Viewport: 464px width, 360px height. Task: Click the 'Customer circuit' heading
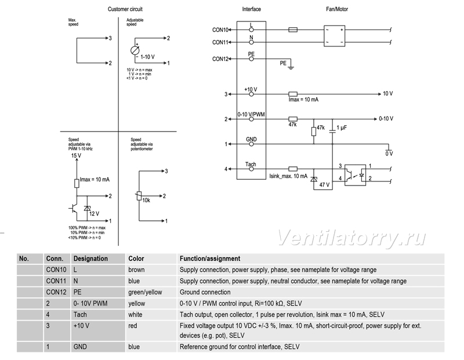click(x=125, y=9)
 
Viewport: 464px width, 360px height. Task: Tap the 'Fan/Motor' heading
click(x=337, y=9)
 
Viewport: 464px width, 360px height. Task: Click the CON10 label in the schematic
click(x=220, y=30)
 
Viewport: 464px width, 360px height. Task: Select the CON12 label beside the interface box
click(x=220, y=59)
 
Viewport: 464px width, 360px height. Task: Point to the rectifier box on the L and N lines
click(x=335, y=36)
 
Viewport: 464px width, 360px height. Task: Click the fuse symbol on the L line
click(x=293, y=30)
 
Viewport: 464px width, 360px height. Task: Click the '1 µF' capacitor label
click(x=342, y=128)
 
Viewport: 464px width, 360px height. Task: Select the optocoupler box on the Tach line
click(x=355, y=175)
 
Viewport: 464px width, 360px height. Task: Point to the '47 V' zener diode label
click(x=324, y=185)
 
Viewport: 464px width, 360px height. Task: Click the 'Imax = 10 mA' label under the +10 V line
click(x=303, y=100)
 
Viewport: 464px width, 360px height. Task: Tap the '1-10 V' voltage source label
click(x=147, y=57)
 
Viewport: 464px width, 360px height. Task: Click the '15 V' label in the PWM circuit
click(x=76, y=155)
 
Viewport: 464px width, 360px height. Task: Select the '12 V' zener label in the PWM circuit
click(x=94, y=213)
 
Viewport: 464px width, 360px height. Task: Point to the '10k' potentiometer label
click(x=146, y=200)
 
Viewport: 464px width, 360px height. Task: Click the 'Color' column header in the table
click(x=136, y=259)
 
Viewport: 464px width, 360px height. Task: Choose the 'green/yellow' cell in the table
click(x=145, y=292)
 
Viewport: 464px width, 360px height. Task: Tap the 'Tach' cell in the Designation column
click(x=80, y=314)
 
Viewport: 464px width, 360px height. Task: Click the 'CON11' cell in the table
click(x=56, y=281)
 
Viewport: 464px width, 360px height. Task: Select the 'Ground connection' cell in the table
click(x=205, y=292)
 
